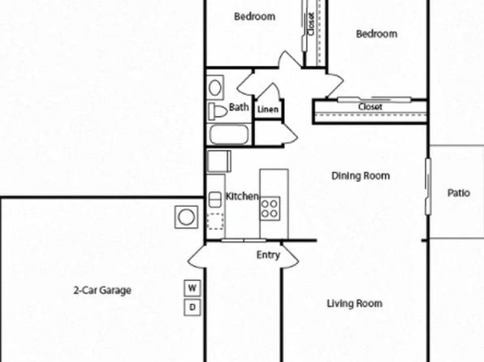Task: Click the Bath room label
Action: (x=239, y=107)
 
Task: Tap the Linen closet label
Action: (x=268, y=110)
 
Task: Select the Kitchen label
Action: (x=242, y=196)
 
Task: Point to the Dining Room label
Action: (x=361, y=176)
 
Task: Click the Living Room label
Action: (x=355, y=304)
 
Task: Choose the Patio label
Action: (x=459, y=193)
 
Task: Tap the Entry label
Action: (x=268, y=255)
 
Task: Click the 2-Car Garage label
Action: (x=102, y=291)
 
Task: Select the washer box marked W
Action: (x=192, y=288)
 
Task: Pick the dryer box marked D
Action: (x=192, y=308)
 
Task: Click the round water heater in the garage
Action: (x=186, y=217)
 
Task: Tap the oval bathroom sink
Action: (x=215, y=88)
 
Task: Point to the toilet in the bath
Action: (x=218, y=111)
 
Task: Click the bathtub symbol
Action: (x=229, y=135)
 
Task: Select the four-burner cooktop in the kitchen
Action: (x=270, y=209)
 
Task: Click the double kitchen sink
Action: (x=215, y=200)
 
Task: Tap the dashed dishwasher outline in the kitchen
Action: (x=215, y=222)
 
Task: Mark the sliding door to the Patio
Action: (x=429, y=187)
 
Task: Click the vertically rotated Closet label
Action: (x=311, y=24)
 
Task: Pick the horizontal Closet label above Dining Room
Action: (x=370, y=107)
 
